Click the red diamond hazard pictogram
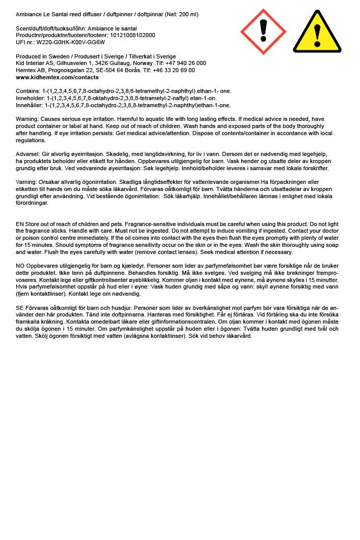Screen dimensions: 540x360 (263, 31)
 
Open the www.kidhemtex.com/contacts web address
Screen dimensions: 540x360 (57, 78)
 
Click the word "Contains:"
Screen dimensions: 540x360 (28, 91)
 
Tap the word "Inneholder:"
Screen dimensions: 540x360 (30, 99)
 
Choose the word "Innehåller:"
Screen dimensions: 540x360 (29, 106)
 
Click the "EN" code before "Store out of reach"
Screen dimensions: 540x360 (20, 224)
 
